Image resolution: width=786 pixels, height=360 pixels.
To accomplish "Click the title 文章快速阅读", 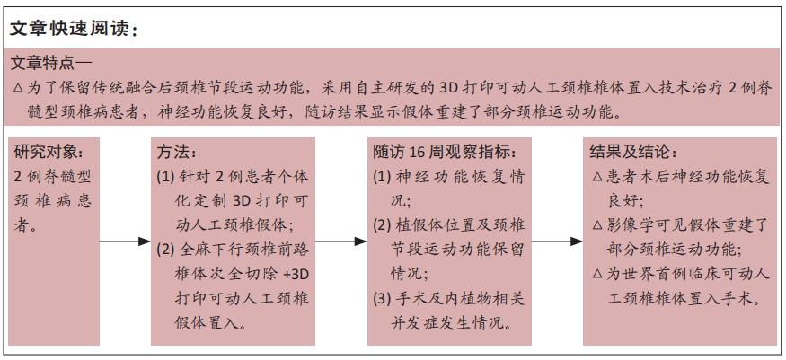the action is pos(68,29).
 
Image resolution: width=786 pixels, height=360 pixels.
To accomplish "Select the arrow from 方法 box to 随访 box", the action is pos(341,241).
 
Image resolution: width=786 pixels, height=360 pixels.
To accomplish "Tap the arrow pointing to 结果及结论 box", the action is pos(558,241).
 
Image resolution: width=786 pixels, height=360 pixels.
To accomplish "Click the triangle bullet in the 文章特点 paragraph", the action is pos(18,89).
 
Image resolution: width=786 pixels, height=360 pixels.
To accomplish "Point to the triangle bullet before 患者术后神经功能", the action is pos(597,177).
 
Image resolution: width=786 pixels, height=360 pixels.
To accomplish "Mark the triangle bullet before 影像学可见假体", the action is pos(597,225).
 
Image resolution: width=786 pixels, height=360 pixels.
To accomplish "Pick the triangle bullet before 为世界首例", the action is pos(597,274).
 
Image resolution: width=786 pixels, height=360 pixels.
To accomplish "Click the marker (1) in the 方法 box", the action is pos(165,177).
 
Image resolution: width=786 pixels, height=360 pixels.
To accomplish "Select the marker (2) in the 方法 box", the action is pos(165,250).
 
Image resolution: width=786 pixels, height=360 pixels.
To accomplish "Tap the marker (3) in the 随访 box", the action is pos(382,299).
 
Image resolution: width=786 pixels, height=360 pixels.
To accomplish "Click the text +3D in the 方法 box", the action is pos(296,274).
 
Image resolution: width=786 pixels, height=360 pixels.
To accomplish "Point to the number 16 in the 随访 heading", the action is pos(417,151).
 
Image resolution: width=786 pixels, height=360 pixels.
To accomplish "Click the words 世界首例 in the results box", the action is pos(655,274).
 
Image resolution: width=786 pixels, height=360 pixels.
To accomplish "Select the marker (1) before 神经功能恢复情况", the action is pos(382,177).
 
